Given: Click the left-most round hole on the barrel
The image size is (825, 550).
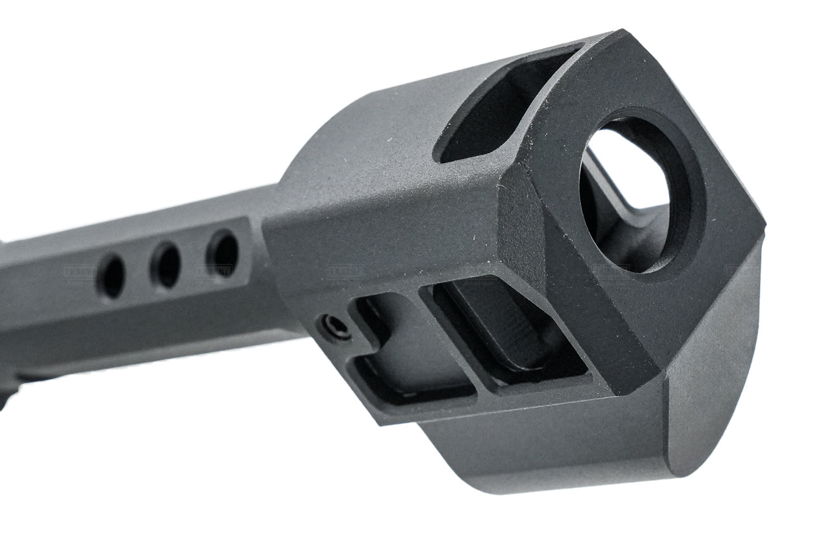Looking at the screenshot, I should (x=111, y=275).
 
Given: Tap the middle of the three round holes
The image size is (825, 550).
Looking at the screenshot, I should (x=166, y=264).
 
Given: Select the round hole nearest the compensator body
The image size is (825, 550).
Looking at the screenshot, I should (x=222, y=253).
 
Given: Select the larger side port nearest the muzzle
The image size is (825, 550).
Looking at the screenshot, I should (x=496, y=335).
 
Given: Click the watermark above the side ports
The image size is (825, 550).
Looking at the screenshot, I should (x=345, y=272).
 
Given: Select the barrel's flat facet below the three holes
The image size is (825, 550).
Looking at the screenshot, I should (x=148, y=316).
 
